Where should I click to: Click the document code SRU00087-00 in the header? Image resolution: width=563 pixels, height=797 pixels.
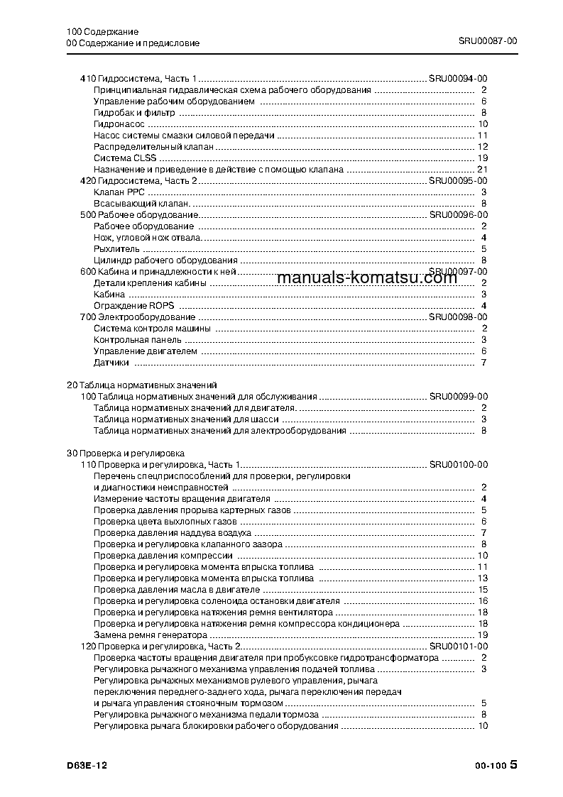(488, 42)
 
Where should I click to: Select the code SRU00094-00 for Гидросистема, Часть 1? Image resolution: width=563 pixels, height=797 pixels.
(458, 79)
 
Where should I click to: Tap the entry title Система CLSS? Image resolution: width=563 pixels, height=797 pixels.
(125, 158)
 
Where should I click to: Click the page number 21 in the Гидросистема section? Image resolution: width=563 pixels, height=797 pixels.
(482, 169)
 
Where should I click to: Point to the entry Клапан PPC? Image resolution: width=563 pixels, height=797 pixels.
(119, 192)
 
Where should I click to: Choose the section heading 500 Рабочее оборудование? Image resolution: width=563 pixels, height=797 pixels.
(138, 214)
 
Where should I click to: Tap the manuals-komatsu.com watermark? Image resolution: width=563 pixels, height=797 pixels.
(366, 277)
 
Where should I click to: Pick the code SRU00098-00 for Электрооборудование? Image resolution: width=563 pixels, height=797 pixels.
(458, 317)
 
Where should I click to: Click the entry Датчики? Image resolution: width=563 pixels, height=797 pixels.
(111, 363)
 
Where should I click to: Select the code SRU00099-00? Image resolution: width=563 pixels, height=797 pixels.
(458, 396)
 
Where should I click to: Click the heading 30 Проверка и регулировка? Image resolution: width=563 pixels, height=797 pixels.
(125, 453)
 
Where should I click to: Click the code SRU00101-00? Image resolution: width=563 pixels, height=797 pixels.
(458, 646)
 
